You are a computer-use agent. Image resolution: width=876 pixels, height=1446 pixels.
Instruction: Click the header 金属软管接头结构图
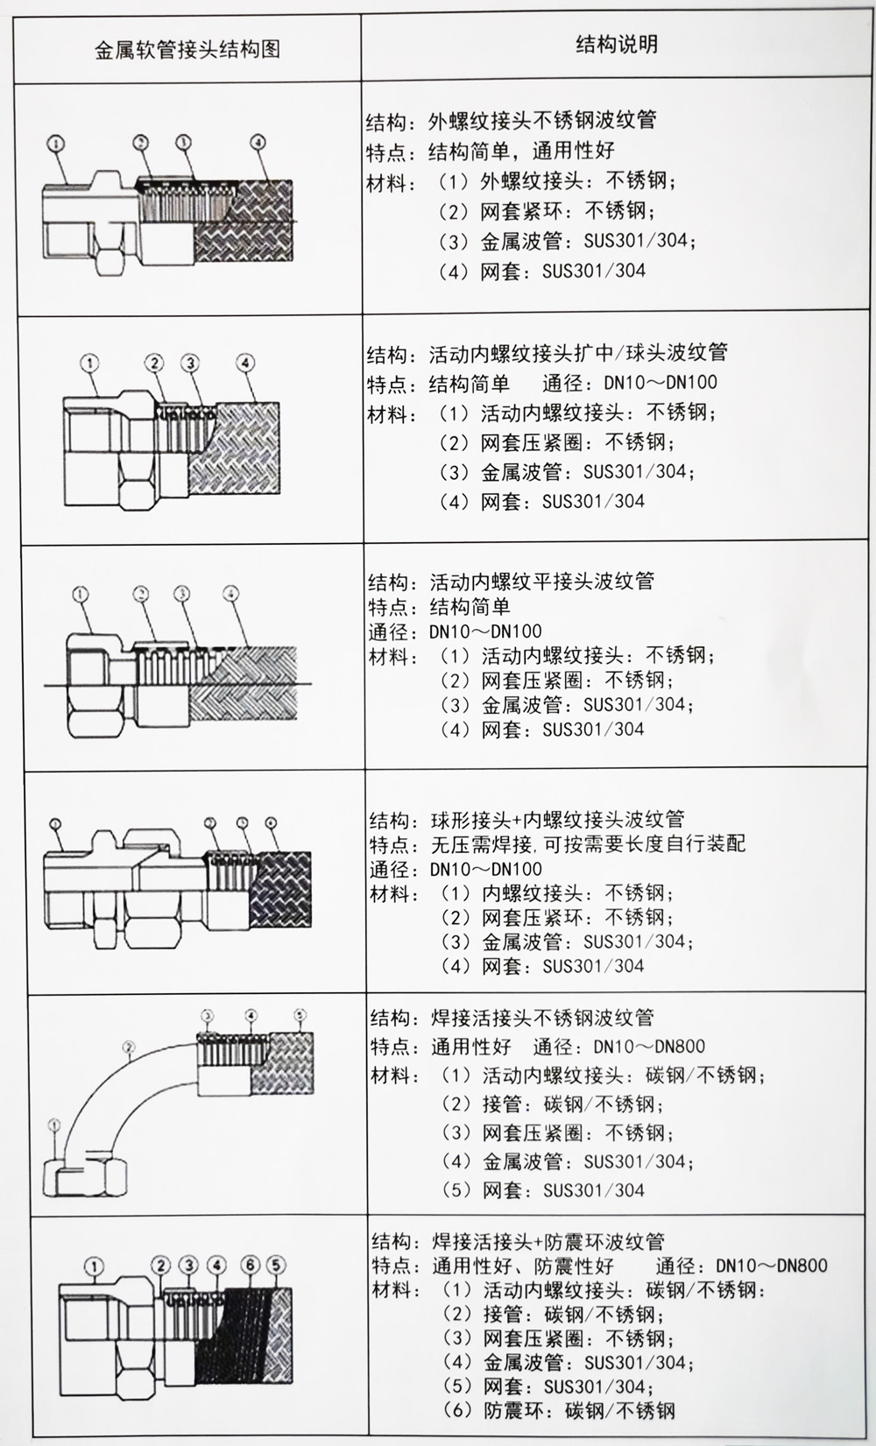click(x=187, y=48)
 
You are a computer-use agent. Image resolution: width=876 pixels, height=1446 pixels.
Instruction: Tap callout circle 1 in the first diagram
click(x=57, y=142)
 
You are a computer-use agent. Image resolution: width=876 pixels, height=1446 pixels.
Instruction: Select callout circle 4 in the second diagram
click(x=246, y=362)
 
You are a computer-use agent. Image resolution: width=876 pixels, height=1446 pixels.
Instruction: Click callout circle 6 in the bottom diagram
click(x=250, y=1265)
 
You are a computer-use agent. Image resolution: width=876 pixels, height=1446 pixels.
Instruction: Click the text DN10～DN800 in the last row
click(x=771, y=1265)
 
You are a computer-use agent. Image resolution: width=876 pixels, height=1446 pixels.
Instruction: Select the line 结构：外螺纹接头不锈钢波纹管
click(x=511, y=121)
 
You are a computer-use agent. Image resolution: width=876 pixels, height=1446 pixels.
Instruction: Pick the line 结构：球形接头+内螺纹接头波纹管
click(x=526, y=820)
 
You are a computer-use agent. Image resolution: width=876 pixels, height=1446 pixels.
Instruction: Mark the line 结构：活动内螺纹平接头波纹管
click(x=511, y=581)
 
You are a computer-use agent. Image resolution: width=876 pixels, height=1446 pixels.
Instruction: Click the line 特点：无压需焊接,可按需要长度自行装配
click(x=557, y=844)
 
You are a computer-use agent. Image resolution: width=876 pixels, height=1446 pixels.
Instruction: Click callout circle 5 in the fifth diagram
click(x=300, y=1015)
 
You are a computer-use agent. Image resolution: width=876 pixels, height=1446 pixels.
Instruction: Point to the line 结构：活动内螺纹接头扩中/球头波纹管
click(x=547, y=353)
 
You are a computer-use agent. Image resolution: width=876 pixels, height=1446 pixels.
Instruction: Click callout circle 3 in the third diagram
click(x=181, y=594)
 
